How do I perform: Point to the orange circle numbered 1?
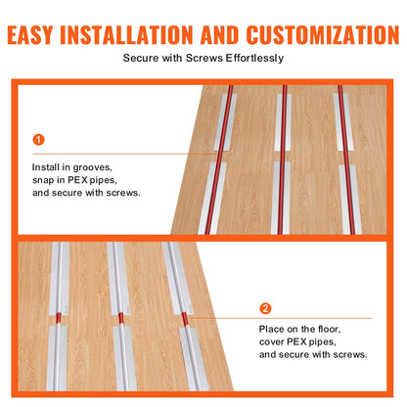pos(38,139)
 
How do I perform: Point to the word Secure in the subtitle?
pos(141,59)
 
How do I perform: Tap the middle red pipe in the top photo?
pos(284,157)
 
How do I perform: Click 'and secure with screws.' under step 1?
pos(86,193)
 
